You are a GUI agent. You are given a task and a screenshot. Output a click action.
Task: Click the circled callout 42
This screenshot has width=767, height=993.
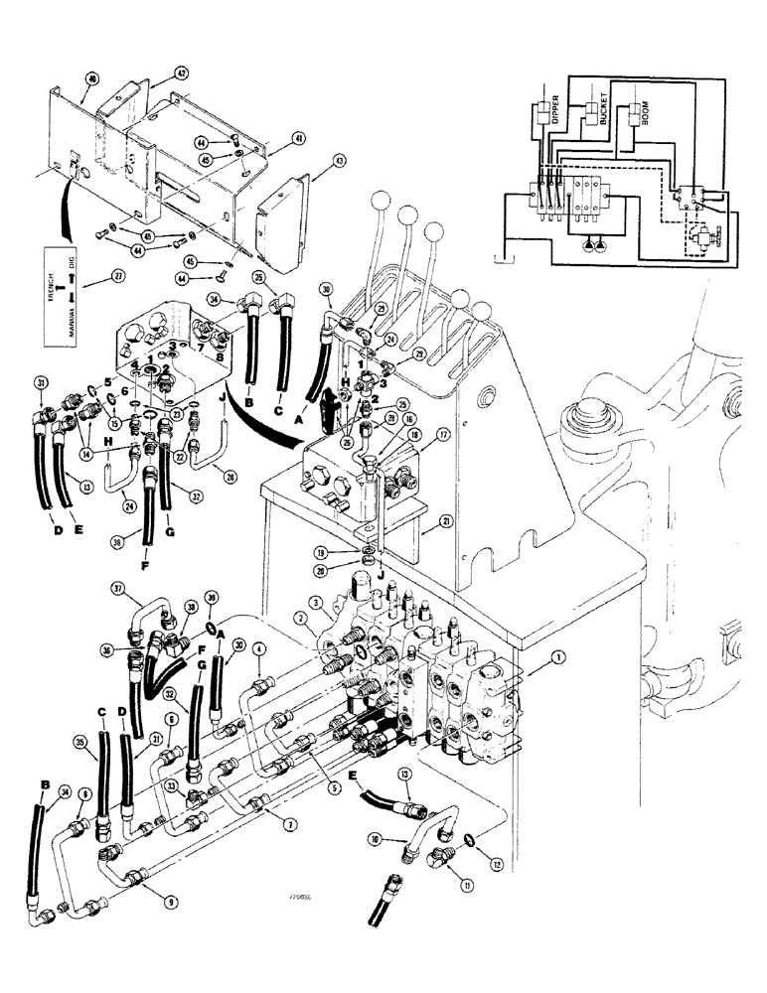click(x=181, y=73)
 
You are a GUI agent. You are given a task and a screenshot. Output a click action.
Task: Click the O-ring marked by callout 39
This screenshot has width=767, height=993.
click(x=213, y=627)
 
